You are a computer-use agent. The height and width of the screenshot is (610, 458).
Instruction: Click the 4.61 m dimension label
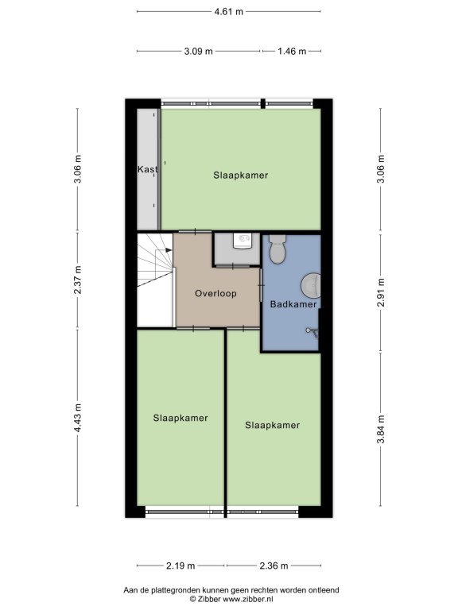click(229, 12)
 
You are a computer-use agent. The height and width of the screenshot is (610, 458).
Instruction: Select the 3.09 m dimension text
click(198, 51)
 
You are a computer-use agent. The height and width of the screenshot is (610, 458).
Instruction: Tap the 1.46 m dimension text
click(292, 51)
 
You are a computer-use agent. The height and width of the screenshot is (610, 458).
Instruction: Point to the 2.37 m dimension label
click(78, 280)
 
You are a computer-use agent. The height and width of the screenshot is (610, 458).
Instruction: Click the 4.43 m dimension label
click(78, 418)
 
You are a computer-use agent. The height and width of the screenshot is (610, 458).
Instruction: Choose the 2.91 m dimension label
click(381, 292)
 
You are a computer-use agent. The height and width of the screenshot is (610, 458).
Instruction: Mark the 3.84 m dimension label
click(381, 429)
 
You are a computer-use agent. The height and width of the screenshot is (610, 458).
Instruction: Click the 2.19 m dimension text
click(180, 566)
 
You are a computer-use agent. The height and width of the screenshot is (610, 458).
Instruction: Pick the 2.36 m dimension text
click(274, 566)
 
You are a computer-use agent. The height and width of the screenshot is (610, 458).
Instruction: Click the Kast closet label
click(148, 169)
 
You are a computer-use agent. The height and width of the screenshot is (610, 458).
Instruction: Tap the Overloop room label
click(215, 293)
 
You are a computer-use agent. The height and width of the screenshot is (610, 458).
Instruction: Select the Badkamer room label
click(293, 304)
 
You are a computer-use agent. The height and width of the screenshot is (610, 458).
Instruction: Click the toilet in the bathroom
click(278, 249)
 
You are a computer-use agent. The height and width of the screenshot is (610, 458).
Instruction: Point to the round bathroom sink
click(311, 286)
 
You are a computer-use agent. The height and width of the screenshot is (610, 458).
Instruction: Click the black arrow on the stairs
click(169, 250)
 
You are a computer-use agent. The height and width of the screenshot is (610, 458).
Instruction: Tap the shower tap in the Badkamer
click(312, 331)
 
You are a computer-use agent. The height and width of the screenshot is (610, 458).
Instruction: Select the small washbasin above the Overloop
click(242, 241)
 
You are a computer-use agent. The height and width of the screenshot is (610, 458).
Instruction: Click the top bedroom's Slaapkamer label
click(241, 176)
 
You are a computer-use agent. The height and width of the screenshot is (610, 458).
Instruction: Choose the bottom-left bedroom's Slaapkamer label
click(180, 419)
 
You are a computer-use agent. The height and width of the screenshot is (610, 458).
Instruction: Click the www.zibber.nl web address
click(248, 599)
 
